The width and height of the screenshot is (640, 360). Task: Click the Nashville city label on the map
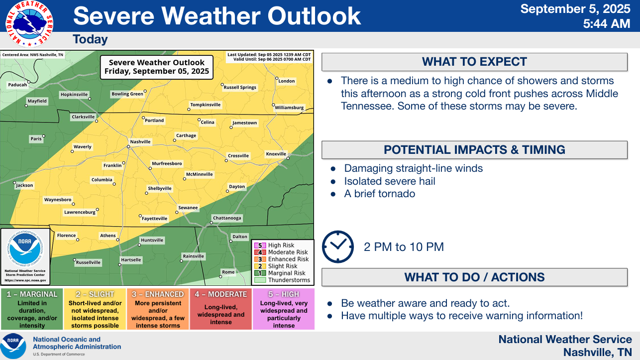tap(140, 141)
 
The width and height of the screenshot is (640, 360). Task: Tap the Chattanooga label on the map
tap(227, 218)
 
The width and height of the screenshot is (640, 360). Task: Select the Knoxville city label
tap(276, 154)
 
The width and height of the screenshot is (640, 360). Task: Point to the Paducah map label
tap(17, 85)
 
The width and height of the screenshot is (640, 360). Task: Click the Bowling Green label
tap(127, 94)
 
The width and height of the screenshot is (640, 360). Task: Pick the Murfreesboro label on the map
tap(167, 163)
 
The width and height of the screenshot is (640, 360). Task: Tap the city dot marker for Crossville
tap(226, 161)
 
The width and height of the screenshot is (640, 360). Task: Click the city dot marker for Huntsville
tap(139, 245)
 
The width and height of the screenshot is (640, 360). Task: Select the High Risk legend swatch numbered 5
tap(260, 245)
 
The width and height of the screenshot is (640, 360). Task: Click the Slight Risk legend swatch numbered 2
tap(260, 266)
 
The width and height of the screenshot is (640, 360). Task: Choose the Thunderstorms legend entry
tap(282, 280)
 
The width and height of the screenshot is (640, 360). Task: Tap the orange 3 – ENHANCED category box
tap(158, 309)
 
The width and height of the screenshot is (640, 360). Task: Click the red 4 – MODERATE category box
tap(220, 309)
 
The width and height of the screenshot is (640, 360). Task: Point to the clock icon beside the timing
tap(338, 247)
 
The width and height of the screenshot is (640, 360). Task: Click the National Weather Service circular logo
tap(29, 24)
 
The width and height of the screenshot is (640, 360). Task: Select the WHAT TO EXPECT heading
tap(474, 62)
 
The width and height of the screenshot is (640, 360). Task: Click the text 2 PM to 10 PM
tap(404, 247)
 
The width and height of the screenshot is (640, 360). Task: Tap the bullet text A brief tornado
tap(379, 194)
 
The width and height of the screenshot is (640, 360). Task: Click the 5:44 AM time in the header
tap(607, 23)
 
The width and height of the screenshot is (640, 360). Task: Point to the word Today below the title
tap(90, 39)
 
